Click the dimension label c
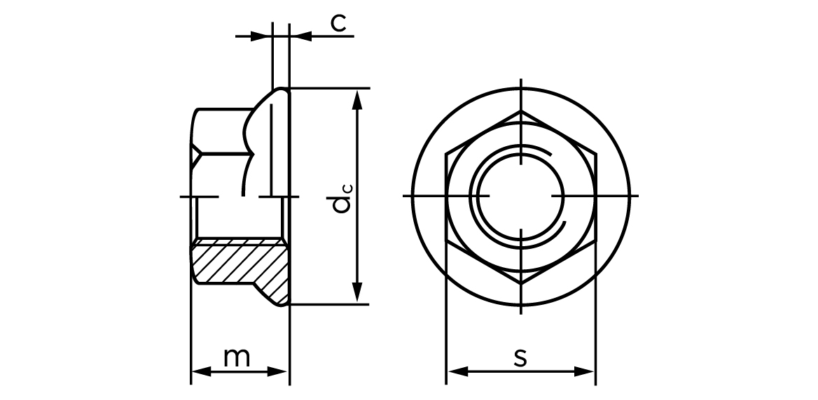338,23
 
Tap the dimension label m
237,357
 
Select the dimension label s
520,357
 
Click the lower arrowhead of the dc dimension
358,294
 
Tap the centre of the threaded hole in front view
521,197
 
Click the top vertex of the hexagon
521,110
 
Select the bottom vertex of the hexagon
521,283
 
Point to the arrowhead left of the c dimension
264,35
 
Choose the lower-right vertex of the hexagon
595,240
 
